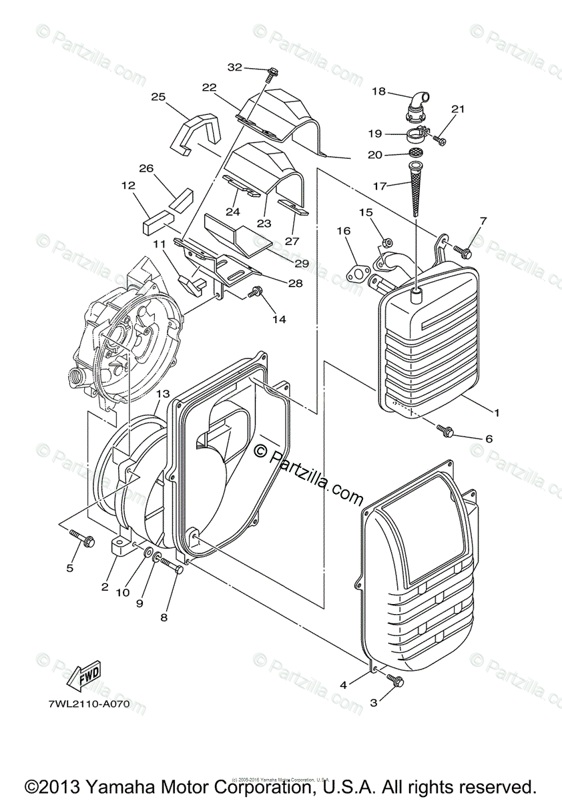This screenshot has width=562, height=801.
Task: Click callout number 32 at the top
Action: click(234, 67)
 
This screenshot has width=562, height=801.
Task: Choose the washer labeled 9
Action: click(155, 558)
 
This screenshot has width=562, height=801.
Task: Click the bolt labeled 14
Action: click(255, 292)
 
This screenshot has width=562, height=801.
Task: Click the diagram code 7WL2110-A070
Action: click(88, 704)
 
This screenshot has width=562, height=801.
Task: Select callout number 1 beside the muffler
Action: click(496, 413)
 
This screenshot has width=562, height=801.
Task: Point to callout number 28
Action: click(294, 283)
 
